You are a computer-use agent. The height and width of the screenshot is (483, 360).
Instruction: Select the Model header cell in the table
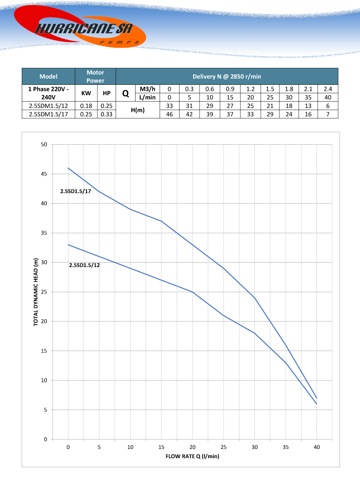49,76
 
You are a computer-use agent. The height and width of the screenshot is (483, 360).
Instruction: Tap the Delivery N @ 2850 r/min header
227,76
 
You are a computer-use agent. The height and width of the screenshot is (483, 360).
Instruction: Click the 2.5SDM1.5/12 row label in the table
48,106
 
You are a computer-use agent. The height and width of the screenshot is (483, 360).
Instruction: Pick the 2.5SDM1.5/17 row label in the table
48,114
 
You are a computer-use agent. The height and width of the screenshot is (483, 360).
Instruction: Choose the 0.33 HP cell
107,114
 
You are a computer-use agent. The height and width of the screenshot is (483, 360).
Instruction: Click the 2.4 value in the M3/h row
328,89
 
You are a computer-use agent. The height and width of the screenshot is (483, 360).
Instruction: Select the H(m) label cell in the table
138,110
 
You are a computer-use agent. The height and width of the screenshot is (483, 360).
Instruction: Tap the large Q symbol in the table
126,93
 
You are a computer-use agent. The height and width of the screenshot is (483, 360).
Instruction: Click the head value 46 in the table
170,114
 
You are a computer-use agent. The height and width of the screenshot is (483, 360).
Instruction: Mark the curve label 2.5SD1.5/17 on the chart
76,191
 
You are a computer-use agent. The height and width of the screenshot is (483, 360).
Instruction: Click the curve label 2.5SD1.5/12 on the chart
84,265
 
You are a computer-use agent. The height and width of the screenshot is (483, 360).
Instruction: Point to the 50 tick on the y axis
44,145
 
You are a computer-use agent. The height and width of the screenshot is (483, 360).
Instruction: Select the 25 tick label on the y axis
44,292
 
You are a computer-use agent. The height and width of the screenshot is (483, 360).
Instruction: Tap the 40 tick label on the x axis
316,447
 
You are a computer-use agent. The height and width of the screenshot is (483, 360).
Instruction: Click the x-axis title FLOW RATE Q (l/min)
192,456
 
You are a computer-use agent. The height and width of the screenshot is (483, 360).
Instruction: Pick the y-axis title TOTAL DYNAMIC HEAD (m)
36,292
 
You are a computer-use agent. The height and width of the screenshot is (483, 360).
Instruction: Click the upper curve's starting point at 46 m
68,168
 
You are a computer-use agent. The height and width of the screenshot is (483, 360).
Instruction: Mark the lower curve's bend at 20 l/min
193,292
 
